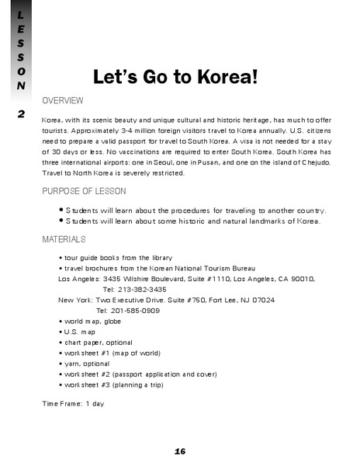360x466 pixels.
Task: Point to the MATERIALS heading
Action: pos(64,239)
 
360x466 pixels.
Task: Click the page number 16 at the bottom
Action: pos(180,451)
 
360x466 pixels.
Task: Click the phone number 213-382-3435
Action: pos(135,288)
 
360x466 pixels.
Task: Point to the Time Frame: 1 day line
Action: pos(73,403)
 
